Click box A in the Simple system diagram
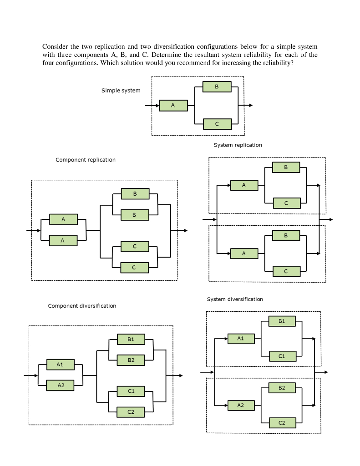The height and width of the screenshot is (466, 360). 173,106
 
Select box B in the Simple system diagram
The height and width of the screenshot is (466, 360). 217,86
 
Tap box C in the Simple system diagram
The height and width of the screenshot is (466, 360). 217,124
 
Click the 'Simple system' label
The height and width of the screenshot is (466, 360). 121,91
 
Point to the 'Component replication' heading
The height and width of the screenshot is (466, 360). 86,160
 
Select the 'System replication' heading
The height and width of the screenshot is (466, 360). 238,145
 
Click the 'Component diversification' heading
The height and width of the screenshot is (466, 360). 82,306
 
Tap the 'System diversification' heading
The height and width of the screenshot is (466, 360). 235,299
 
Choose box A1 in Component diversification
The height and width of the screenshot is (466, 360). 60,365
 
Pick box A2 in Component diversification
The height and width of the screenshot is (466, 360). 61,385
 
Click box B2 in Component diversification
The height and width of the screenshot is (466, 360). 131,360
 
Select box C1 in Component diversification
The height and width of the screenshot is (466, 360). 131,391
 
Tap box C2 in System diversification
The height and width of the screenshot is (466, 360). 282,423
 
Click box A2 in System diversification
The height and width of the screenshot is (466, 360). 240,405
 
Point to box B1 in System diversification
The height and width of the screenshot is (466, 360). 282,321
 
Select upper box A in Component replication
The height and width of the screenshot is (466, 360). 63,219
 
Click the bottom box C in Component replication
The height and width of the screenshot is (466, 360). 134,268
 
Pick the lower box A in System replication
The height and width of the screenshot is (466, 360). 244,253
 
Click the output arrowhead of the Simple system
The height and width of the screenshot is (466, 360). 250,106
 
